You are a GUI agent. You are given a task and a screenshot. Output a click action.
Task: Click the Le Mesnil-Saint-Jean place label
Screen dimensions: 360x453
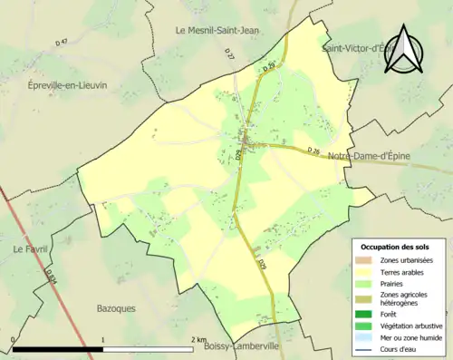click(x=217, y=30)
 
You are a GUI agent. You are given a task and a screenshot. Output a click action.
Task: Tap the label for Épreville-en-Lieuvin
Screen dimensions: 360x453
click(x=68, y=84)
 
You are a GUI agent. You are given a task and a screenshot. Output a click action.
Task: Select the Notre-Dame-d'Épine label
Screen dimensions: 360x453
click(x=370, y=156)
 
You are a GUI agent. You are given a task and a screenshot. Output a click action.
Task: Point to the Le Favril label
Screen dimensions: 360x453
click(x=30, y=248)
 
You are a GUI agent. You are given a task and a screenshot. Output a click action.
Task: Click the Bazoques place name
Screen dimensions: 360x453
click(x=116, y=308)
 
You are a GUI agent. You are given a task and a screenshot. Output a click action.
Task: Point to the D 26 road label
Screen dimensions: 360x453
click(x=314, y=150)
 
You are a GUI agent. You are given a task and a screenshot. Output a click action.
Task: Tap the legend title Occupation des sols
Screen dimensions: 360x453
click(x=395, y=247)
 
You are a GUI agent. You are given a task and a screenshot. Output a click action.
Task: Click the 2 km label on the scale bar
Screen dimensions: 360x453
click(x=198, y=340)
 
